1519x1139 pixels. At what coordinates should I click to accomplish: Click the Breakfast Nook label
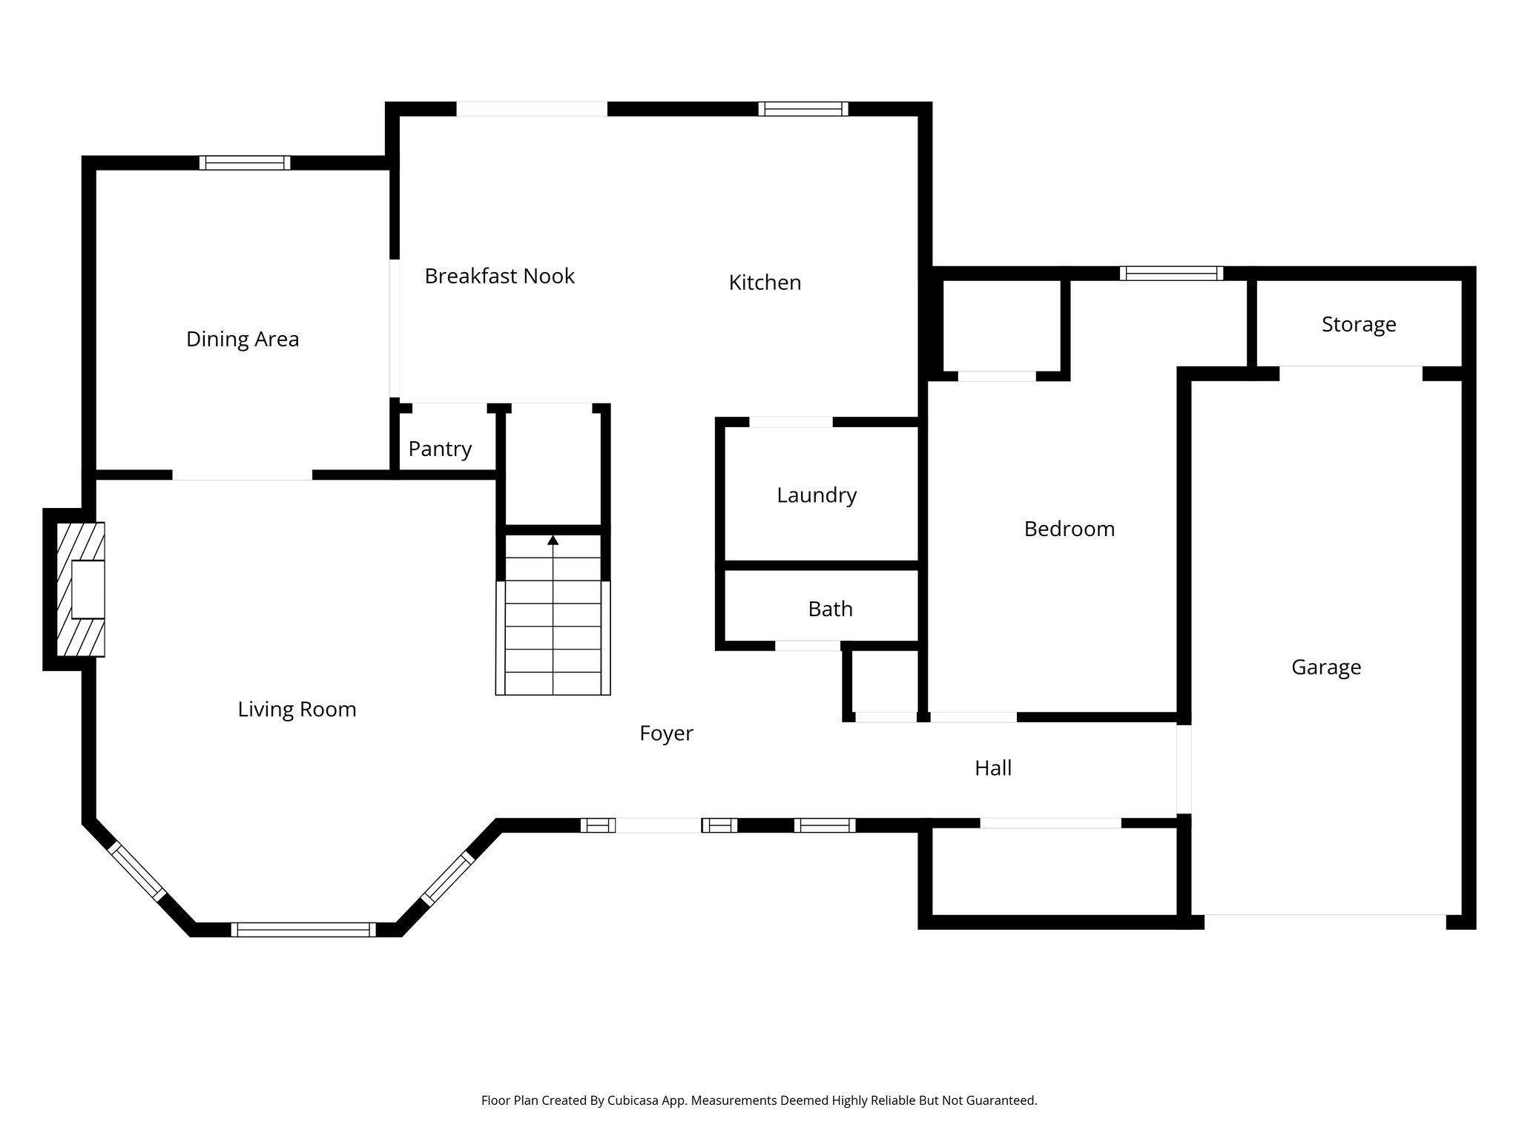pos(499,277)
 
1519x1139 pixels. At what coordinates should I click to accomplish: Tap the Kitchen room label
pos(765,283)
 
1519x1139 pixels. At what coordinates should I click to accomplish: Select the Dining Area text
pos(243,340)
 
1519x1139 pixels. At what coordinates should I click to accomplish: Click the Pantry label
pos(440,449)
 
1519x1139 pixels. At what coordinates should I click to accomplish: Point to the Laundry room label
pos(817,495)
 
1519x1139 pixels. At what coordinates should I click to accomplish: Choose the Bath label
pos(830,610)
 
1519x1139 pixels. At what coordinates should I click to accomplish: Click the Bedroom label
pos(1069,529)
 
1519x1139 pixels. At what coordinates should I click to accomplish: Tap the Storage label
pos(1358,325)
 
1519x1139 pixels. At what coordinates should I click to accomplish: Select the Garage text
pos(1325,667)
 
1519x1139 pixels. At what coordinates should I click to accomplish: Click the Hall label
pos(992,768)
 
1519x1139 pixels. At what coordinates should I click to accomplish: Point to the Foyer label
pos(666,733)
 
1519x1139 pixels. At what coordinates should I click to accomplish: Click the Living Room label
pos(297,710)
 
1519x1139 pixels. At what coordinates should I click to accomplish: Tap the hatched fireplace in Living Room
pos(81,590)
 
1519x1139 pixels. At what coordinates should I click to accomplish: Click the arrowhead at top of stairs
pos(553,541)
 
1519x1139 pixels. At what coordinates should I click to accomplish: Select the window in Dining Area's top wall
pos(245,163)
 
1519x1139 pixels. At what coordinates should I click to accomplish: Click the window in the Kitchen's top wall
pos(803,109)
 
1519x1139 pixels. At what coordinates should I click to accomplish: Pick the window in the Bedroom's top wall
pos(1171,274)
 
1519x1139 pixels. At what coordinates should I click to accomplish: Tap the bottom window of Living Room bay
pos(303,930)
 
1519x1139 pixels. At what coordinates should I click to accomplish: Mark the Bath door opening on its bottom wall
pos(808,646)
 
